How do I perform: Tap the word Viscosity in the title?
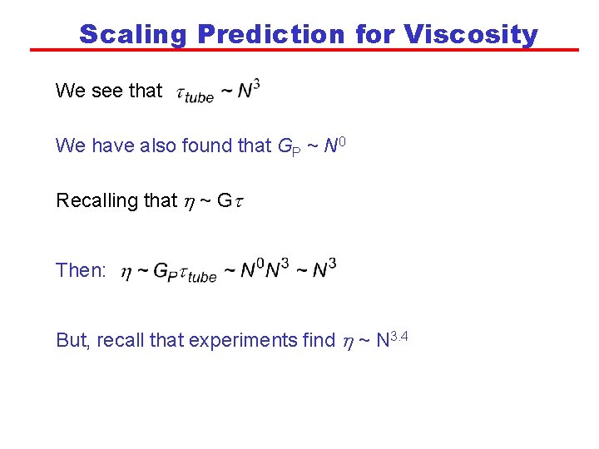pos(471,34)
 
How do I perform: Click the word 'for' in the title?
pos(374,34)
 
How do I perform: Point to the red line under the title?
pos(304,50)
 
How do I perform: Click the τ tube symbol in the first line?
pos(196,93)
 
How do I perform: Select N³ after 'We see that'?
pos(249,89)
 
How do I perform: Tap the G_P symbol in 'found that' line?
pos(286,146)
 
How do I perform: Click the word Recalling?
pos(93,200)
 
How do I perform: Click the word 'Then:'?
pos(81,270)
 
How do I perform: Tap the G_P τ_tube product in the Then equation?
pos(186,272)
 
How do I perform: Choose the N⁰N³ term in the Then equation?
pos(265,269)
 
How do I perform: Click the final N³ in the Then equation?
pos(324,269)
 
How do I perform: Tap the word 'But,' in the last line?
pos(73,340)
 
